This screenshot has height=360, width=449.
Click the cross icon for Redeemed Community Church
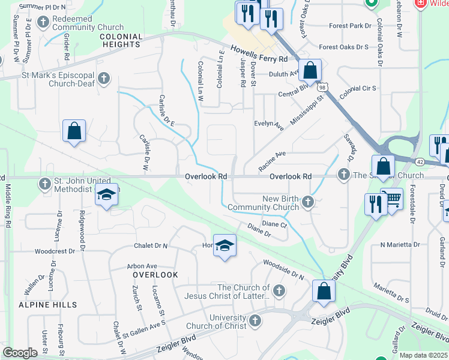43,22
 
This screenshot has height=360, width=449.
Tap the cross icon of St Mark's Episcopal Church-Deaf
104,78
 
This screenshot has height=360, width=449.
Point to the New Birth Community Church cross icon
308,202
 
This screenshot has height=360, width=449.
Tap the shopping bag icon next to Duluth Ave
310,70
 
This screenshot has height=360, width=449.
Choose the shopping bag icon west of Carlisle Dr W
74,131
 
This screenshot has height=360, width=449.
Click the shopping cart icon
392,198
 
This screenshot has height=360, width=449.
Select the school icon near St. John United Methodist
106,196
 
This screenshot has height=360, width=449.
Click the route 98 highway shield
323,88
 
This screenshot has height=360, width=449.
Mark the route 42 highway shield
420,162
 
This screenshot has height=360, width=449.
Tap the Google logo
19,353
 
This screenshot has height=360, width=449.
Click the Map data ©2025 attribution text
422,355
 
